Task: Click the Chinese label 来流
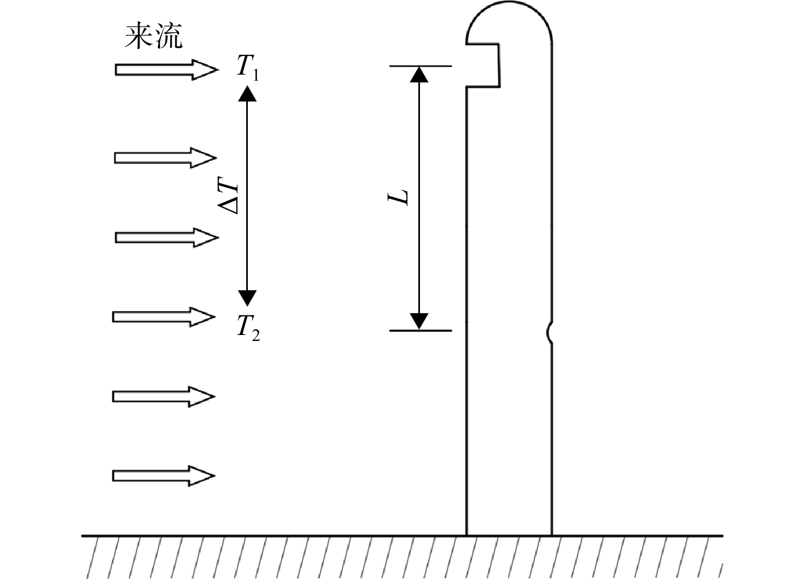point(154,35)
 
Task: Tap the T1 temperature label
point(248,68)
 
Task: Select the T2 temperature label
point(248,328)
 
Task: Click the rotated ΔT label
point(228,195)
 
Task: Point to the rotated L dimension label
point(398,198)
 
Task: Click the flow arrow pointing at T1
point(167,70)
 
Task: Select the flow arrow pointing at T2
point(164,317)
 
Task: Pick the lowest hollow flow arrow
point(164,476)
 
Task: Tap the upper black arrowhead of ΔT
point(247,93)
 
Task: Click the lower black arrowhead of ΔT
point(247,298)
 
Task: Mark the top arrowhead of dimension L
point(419,75)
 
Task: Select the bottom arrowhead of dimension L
point(419,321)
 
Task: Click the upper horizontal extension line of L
point(421,66)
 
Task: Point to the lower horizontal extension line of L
point(421,330)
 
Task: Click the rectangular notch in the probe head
point(500,65)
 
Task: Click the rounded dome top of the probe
point(509,2)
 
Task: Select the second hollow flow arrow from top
point(166,157)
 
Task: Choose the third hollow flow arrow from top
point(167,237)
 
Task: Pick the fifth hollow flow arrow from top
point(164,397)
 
